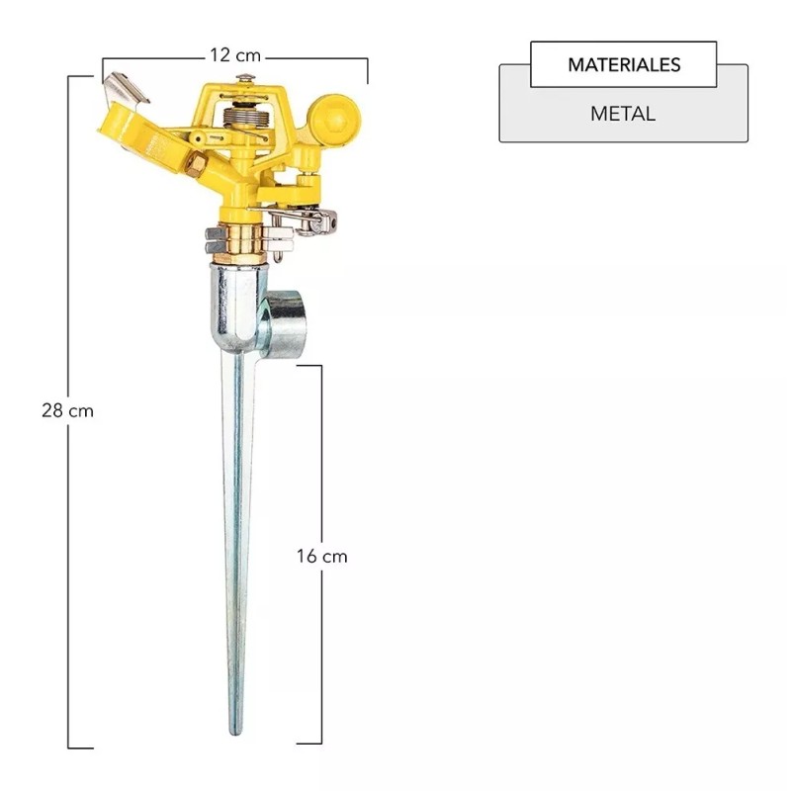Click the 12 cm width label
coord(235,55)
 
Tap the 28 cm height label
coord(67,410)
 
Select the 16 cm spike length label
coord(322,556)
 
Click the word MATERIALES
coord(624,64)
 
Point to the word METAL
coord(623,114)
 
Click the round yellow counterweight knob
coord(334,120)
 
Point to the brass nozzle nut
coord(196,164)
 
